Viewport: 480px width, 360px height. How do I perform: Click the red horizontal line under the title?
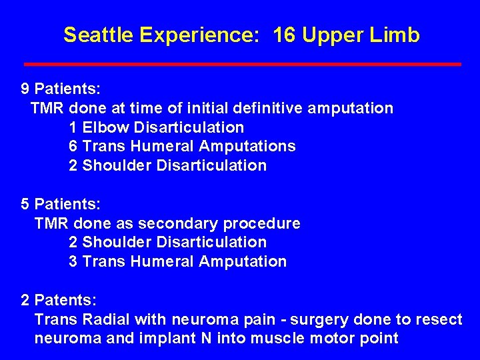tap(242, 64)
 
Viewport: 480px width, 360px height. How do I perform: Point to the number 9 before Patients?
tap(25, 89)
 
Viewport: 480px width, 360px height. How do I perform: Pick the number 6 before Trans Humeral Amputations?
tap(73, 146)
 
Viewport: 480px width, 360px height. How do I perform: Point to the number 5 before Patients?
tap(25, 204)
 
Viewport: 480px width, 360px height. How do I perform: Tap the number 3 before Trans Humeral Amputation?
tap(73, 262)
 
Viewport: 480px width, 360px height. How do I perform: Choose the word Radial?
tap(101, 319)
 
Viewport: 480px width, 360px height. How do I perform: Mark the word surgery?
tap(316, 319)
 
